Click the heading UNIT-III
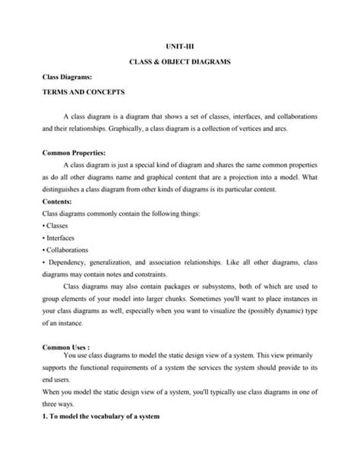click(180, 45)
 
